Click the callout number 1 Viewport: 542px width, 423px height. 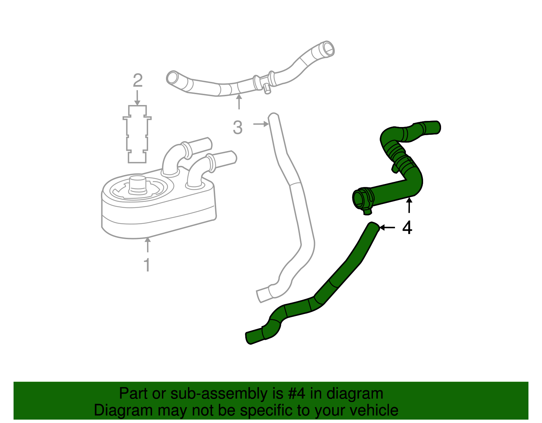pos(147,265)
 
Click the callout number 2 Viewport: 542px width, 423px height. pos(138,81)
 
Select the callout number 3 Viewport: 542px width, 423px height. pos(238,128)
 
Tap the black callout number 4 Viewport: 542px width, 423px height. pos(407,228)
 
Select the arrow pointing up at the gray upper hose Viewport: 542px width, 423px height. pos(239,102)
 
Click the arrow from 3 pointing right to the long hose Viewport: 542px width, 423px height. pos(261,124)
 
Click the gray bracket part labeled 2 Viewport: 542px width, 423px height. pos(137,134)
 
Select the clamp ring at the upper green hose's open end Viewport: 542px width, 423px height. pos(362,200)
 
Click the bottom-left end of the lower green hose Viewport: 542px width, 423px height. pos(251,338)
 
